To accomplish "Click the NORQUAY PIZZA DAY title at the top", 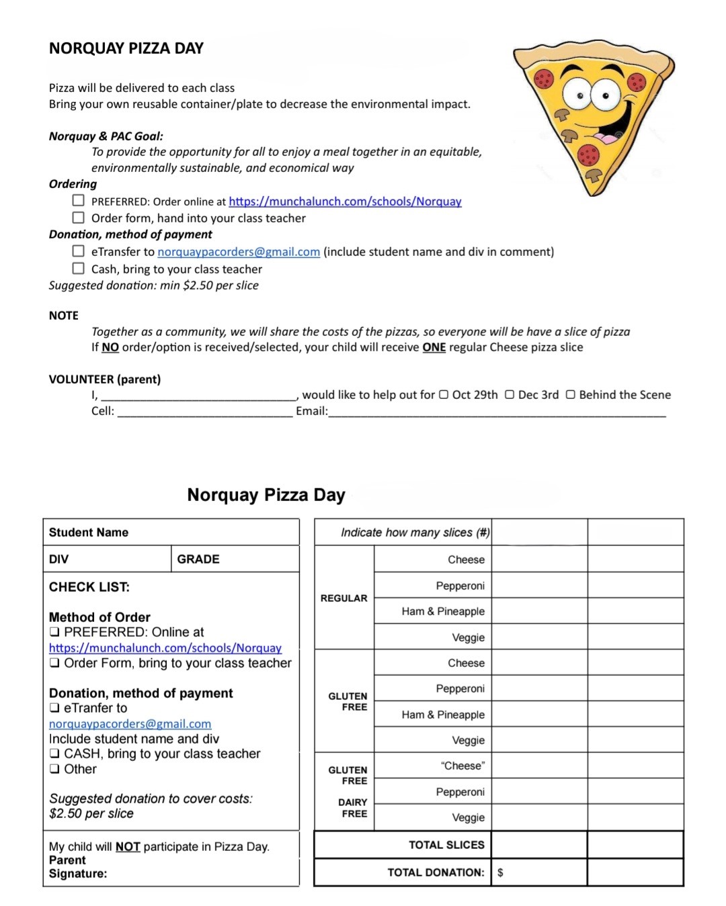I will tap(126, 48).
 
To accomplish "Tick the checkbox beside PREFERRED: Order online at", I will tap(79, 200).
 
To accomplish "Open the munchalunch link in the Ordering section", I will tap(345, 201).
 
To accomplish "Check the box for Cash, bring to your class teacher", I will tap(79, 268).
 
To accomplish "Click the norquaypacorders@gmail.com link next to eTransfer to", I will tap(239, 252).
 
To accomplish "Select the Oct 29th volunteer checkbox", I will tap(444, 395).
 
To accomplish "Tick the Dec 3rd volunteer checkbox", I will tap(510, 395).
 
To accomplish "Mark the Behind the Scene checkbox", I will tap(571, 395).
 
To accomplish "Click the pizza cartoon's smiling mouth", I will tap(613, 128).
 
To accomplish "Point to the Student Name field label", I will tap(89, 533).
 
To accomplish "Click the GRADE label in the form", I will tap(198, 559).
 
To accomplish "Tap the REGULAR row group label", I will tap(344, 598).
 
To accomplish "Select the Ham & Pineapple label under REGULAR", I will tap(443, 611).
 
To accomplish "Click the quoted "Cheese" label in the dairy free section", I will tap(462, 766).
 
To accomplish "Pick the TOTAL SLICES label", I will tap(446, 845).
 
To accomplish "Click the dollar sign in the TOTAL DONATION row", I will tap(500, 872).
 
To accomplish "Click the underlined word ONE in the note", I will tap(434, 347).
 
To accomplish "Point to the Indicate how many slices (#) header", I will tap(415, 533).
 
